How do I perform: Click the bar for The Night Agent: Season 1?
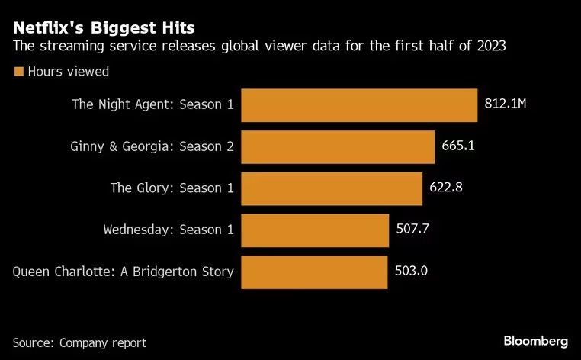(359, 104)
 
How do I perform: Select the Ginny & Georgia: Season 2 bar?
(338, 146)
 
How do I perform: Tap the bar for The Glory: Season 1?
(332, 188)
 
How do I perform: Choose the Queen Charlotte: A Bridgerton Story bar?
(314, 272)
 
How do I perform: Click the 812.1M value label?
(506, 104)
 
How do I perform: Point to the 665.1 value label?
(458, 146)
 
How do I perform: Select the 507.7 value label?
(413, 229)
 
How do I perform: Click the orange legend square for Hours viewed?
(18, 72)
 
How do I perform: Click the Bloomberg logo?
(535, 340)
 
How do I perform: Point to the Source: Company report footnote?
(79, 342)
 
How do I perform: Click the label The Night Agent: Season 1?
(152, 104)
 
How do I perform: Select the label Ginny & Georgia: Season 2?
(152, 146)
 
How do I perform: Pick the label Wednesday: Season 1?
(169, 229)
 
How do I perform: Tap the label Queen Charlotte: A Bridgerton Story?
(124, 272)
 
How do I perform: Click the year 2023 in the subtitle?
(490, 47)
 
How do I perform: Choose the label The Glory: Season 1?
(172, 188)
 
